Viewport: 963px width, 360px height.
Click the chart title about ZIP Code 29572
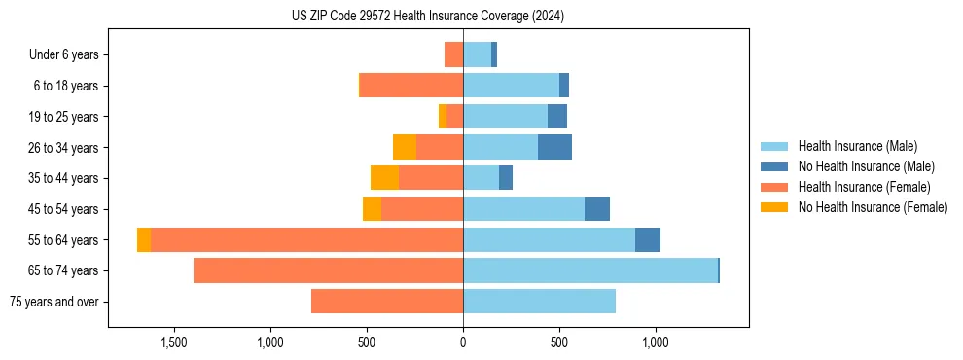[428, 16]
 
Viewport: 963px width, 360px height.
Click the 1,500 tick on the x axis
[174, 342]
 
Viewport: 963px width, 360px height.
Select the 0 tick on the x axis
[463, 342]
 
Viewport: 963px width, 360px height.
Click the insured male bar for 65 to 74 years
[589, 270]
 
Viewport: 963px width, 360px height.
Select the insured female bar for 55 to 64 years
[306, 239]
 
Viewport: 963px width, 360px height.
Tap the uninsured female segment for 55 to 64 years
[144, 239]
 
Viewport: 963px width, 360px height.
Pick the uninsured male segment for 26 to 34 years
[554, 147]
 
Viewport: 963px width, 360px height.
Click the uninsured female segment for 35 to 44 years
[384, 178]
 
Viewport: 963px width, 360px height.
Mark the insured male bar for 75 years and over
[539, 302]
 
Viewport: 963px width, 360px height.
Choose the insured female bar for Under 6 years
[453, 54]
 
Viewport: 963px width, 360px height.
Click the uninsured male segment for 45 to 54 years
[597, 209]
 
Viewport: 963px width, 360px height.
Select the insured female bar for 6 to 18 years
[411, 86]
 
